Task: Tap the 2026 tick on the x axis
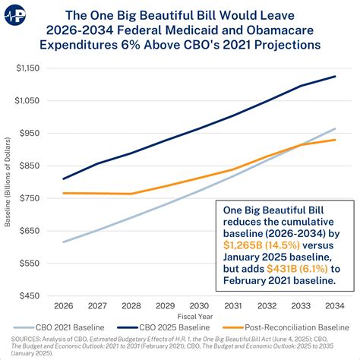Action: pos(63,306)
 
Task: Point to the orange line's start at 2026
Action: pos(63,193)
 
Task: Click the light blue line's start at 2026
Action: pos(63,242)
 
